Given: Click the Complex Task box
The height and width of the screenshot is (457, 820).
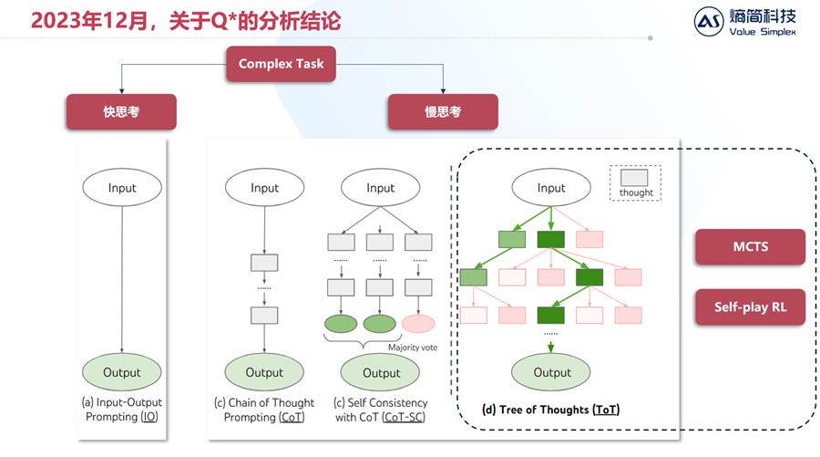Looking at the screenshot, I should [281, 64].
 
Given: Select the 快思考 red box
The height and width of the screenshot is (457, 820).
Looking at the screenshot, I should [120, 112].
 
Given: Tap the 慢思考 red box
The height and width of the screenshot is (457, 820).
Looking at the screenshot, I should [443, 112].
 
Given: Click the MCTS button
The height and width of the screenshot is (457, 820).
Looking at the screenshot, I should [750, 247].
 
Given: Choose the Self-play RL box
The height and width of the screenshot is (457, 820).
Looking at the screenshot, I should [750, 307].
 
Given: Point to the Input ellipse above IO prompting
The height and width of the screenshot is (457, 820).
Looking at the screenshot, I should [121, 188].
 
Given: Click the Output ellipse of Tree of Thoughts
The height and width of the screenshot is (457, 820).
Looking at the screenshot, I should [551, 372].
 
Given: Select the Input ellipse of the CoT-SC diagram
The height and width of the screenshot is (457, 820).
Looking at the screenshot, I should [381, 188].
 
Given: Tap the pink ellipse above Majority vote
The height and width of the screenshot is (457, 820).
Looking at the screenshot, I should [418, 323].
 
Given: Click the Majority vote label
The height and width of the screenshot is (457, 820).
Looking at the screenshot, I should [413, 347].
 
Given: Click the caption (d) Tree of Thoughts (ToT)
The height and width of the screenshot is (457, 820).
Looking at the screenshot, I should [550, 410].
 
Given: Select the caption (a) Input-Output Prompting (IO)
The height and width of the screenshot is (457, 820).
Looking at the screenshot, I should [122, 410].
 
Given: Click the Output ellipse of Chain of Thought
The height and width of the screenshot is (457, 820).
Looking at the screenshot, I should [264, 372].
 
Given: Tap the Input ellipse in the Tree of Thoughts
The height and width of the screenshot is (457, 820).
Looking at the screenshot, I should [551, 188].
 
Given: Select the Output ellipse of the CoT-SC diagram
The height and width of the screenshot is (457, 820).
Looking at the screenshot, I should [381, 372].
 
